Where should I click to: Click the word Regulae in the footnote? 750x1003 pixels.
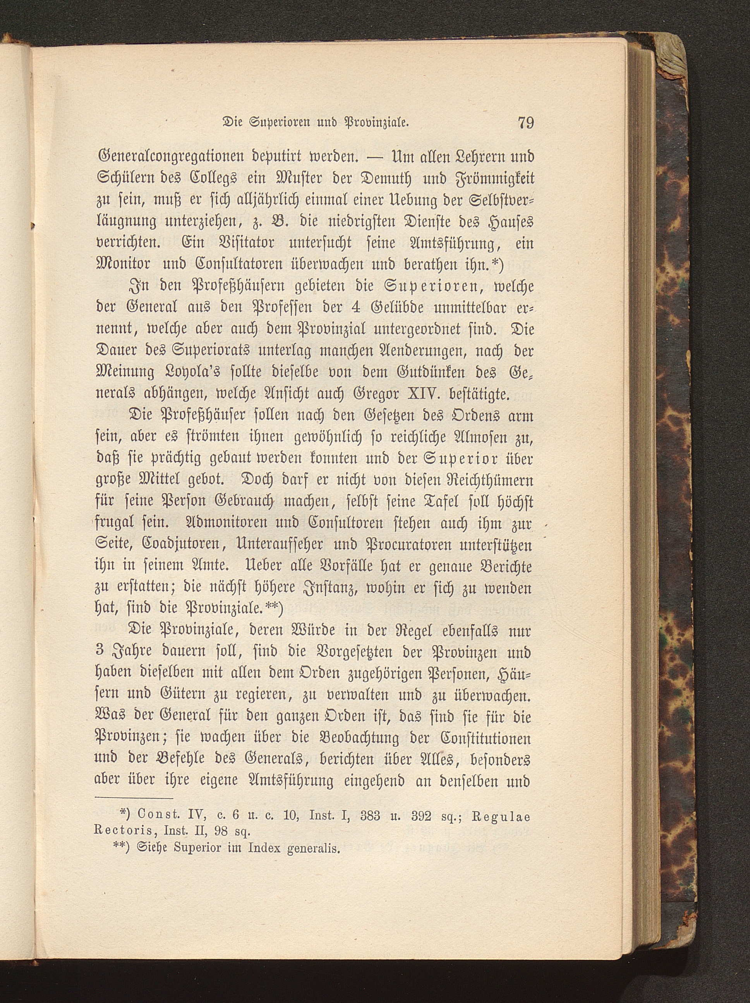[x=501, y=818]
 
